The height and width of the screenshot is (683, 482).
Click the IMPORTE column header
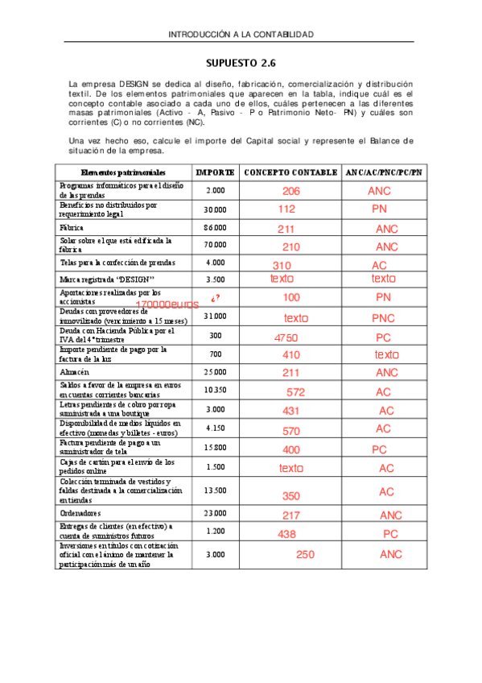(216, 172)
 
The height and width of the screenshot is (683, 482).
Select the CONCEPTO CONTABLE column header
(290, 172)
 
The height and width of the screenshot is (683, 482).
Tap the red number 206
(291, 192)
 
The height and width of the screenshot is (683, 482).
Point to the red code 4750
(287, 337)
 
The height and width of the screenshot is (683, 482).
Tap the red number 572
(295, 392)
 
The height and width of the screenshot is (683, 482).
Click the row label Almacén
(74, 372)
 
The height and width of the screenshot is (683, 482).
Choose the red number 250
(305, 554)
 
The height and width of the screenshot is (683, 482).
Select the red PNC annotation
(383, 318)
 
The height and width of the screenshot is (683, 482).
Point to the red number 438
(286, 534)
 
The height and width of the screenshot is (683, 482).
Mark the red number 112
(286, 209)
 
